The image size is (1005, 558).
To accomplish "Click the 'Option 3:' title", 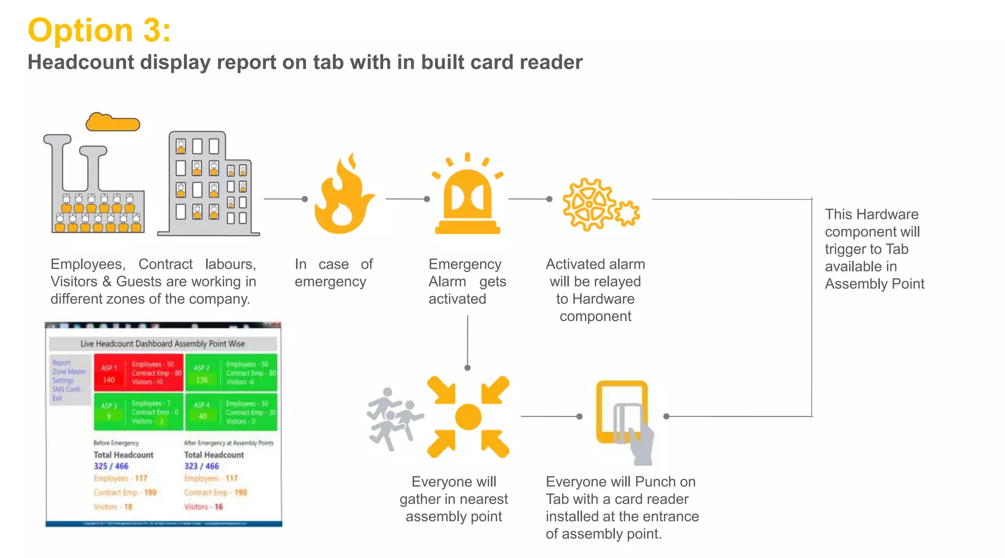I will point(99,30).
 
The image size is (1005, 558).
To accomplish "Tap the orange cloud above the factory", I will point(112,123).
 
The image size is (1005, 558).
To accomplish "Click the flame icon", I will point(343,196).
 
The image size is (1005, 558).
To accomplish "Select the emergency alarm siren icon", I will point(468,196).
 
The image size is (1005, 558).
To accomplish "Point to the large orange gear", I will point(588,204).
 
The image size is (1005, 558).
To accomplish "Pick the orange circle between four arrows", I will point(468,417).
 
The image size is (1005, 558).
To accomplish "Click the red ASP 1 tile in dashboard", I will point(139,373).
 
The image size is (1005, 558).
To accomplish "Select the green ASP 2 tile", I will point(232,373).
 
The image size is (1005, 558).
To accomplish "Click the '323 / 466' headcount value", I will point(202,466).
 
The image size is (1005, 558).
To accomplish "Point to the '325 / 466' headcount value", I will point(111,466).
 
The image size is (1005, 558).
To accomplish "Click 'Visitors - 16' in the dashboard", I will point(203,507).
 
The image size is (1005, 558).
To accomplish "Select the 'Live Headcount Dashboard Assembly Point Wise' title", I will point(162,344).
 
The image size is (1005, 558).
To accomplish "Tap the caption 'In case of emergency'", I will point(333,273).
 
